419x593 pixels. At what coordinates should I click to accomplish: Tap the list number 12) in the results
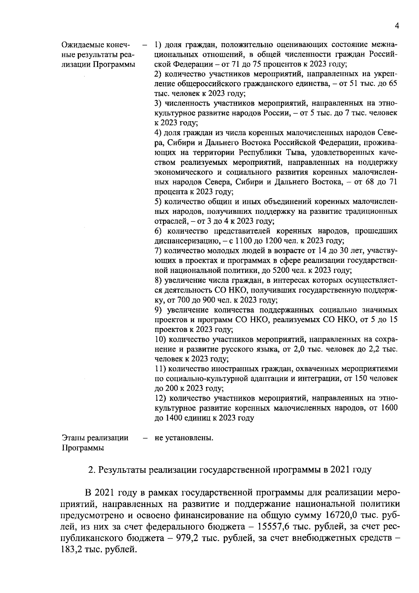click(x=160, y=398)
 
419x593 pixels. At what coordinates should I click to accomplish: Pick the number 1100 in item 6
click(x=243, y=241)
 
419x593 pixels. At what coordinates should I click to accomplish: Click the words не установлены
click(x=184, y=438)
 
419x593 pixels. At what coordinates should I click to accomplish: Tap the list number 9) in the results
click(x=158, y=310)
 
